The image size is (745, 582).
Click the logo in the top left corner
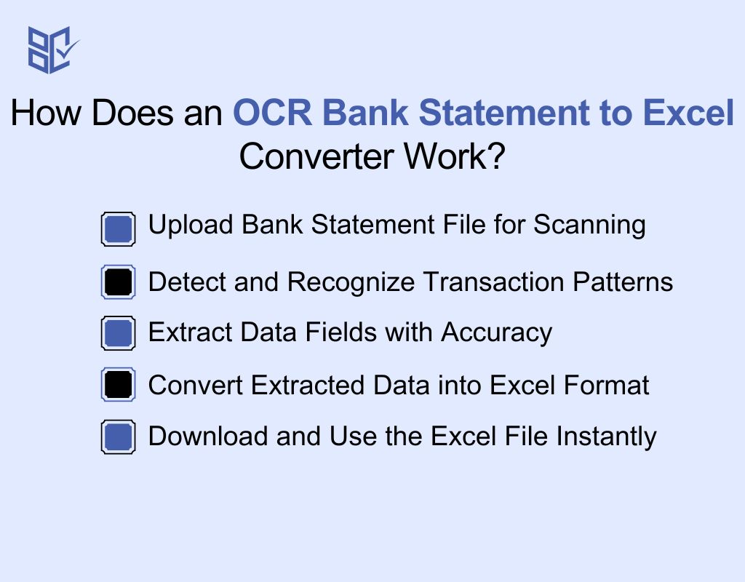(x=52, y=49)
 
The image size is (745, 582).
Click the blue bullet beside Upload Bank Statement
(x=118, y=229)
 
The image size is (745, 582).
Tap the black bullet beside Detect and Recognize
(x=118, y=282)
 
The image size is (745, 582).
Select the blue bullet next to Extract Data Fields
(x=118, y=333)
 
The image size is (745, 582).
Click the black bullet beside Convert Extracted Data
(x=118, y=385)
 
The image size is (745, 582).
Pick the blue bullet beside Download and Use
(x=118, y=437)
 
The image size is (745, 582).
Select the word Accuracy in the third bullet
(x=497, y=332)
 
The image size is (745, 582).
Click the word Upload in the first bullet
(x=191, y=225)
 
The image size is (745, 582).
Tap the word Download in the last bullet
(x=207, y=436)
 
